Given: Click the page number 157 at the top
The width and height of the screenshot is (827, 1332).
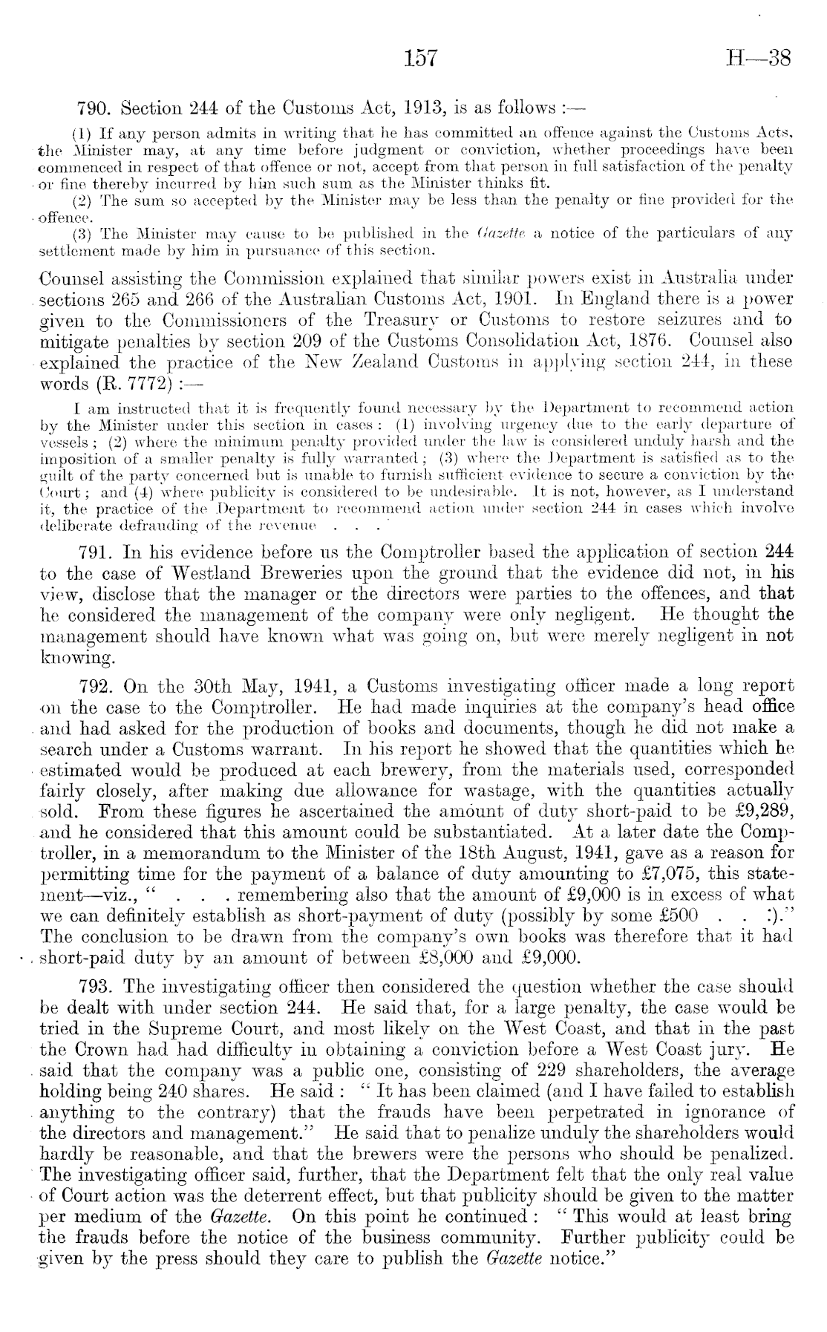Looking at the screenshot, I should tap(420, 58).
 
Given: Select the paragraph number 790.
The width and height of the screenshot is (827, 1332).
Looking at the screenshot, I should tap(96, 108).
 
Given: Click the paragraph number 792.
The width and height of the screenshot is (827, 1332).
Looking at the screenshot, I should tap(96, 686).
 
